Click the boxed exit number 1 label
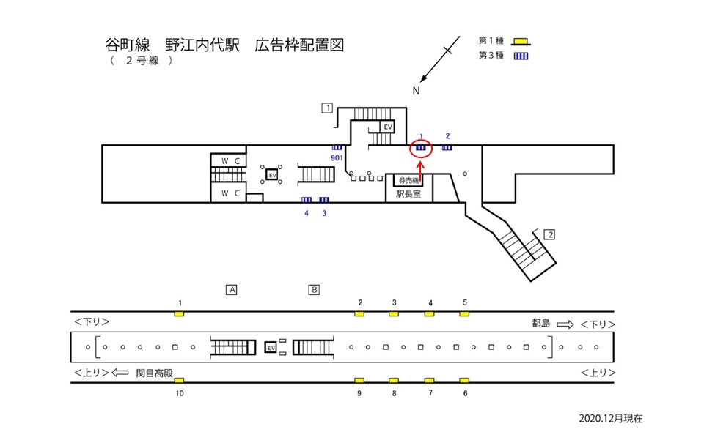327,108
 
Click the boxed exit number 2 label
550,234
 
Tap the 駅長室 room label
408,194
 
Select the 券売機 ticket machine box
408,179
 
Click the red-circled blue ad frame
421,148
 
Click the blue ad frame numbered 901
337,148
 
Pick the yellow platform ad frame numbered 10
180,381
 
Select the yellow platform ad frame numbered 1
180,313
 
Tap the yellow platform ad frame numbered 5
464,313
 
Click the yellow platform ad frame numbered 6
464,381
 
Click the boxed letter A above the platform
232,289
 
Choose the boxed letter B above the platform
314,289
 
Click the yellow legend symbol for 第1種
521,41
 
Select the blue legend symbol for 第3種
521,56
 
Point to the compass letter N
416,92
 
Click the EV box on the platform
270,347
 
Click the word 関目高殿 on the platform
153,372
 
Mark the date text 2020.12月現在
610,418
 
